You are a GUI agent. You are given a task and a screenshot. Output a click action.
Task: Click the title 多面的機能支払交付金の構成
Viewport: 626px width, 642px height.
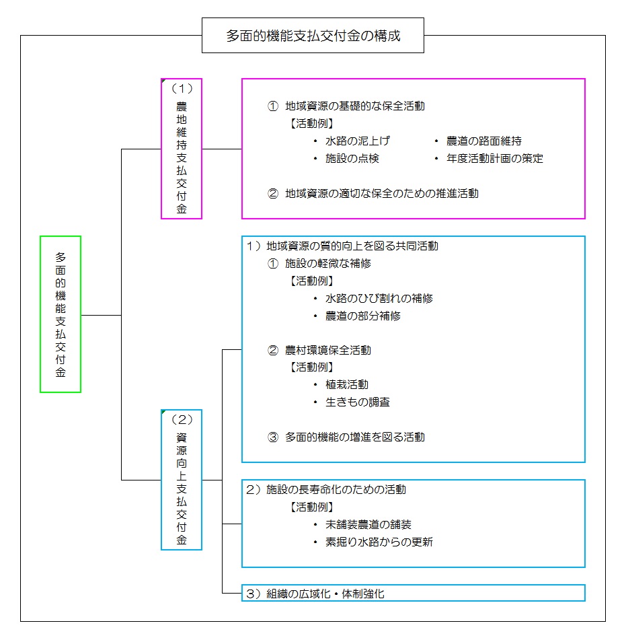[313, 36]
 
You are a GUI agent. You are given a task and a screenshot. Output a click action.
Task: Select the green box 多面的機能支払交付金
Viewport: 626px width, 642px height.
[61, 314]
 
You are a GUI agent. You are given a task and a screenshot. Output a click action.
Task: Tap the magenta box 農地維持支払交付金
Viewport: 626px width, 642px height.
[182, 149]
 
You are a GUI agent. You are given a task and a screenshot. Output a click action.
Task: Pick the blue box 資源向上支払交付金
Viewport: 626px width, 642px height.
[182, 480]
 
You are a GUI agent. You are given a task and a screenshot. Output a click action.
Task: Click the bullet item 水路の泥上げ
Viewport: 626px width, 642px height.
[357, 141]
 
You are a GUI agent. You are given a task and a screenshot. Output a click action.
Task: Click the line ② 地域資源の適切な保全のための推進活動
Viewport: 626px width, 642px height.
[373, 194]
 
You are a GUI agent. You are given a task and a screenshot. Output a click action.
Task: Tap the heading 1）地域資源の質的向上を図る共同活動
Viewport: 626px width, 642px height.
[342, 246]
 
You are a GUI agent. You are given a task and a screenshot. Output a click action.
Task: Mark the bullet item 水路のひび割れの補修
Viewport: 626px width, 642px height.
[379, 298]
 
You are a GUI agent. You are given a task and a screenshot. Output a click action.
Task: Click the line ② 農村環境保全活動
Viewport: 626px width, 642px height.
[319, 351]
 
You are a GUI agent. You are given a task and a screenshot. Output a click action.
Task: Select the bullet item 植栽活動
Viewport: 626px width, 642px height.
[346, 385]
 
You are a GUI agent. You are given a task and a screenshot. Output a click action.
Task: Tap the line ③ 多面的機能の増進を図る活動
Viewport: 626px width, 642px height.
[346, 437]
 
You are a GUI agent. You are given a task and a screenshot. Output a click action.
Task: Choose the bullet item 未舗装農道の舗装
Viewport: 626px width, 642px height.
[373, 525]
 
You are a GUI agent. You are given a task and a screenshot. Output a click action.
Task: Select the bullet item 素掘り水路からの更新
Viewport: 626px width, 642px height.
[379, 542]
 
